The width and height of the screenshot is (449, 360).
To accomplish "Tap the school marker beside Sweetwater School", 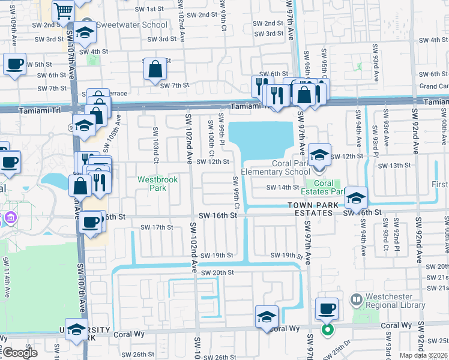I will (x=85, y=34).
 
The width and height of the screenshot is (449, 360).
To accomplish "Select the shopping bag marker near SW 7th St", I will (x=155, y=68).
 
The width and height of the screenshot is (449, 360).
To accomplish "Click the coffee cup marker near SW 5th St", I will (x=14, y=63).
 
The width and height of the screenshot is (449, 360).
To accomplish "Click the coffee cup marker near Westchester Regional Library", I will (x=327, y=309).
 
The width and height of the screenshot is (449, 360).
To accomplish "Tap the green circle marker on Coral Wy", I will (x=327, y=330).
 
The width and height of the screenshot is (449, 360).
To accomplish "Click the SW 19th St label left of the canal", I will (x=217, y=255).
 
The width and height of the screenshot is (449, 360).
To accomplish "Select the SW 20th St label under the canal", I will (x=217, y=272).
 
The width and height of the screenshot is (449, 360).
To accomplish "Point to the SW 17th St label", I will (x=157, y=227).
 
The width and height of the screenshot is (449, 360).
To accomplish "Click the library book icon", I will (x=357, y=299).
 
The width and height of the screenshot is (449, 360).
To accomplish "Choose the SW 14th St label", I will (x=283, y=187).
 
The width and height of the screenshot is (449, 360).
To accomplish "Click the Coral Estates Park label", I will (x=324, y=188).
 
